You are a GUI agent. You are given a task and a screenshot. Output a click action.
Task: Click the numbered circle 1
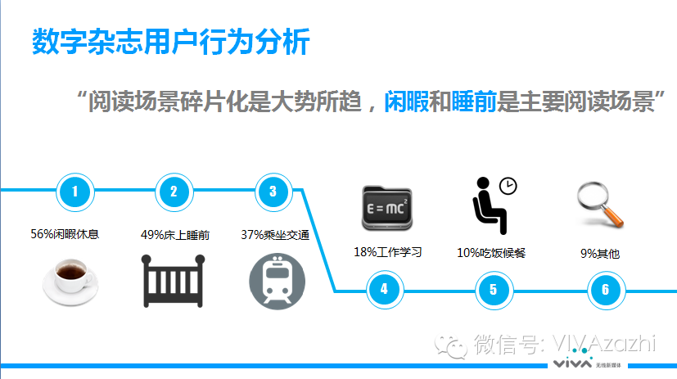pyautogui.click(x=76, y=192)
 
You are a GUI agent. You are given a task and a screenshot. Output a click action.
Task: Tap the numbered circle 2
pyautogui.click(x=174, y=192)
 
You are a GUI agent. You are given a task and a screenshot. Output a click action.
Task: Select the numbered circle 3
pyautogui.click(x=273, y=192)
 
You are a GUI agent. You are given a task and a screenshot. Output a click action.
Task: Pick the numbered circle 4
pyautogui.click(x=384, y=289)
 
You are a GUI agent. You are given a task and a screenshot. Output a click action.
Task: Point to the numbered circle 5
pyautogui.click(x=493, y=289)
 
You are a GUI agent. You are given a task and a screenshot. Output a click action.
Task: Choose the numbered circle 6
pyautogui.click(x=605, y=289)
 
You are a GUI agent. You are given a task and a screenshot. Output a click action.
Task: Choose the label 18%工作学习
pyautogui.click(x=387, y=251)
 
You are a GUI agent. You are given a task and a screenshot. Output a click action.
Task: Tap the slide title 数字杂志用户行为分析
pyautogui.click(x=171, y=42)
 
